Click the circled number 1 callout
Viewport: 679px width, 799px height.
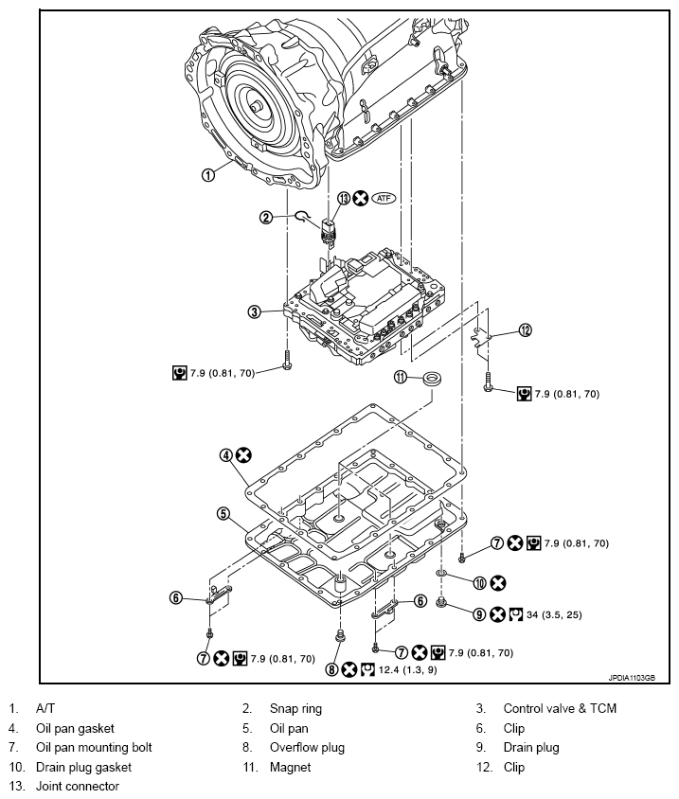pyautogui.click(x=208, y=175)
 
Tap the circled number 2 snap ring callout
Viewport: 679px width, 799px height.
pyautogui.click(x=266, y=218)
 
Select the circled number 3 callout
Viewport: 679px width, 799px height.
pyautogui.click(x=254, y=311)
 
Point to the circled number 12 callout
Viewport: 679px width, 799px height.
pyautogui.click(x=525, y=330)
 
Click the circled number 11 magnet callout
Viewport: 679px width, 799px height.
pyautogui.click(x=401, y=377)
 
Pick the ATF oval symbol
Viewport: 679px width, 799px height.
pyautogui.click(x=384, y=198)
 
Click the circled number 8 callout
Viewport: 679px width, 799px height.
pyautogui.click(x=331, y=669)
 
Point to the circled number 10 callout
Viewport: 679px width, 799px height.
pyautogui.click(x=480, y=583)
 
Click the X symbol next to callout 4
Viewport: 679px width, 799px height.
pyautogui.click(x=243, y=455)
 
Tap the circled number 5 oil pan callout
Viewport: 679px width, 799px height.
pyautogui.click(x=223, y=514)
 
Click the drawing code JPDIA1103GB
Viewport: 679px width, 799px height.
pyautogui.click(x=632, y=678)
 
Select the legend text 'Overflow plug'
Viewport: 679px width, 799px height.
pyautogui.click(x=308, y=748)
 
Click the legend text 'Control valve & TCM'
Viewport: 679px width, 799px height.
pyautogui.click(x=560, y=708)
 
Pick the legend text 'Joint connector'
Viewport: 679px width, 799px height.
pyautogui.click(x=78, y=787)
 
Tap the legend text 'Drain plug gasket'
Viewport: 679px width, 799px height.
pyautogui.click(x=83, y=767)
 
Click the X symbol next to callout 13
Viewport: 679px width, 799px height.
pyautogui.click(x=361, y=198)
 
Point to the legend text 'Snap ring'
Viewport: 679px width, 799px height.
pyautogui.click(x=295, y=709)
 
